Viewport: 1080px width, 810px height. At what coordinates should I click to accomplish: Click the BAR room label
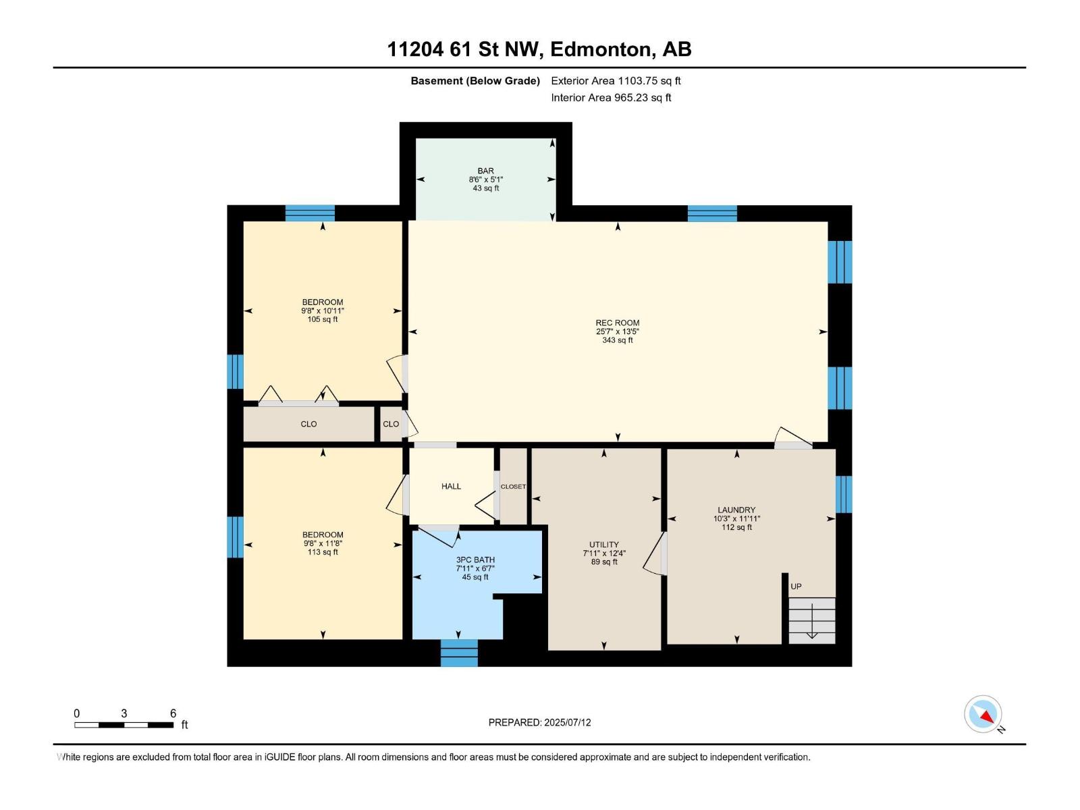[x=485, y=171]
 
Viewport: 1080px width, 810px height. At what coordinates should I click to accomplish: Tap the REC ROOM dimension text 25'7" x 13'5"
[x=617, y=331]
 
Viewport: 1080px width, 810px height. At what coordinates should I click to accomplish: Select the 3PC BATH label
[x=475, y=560]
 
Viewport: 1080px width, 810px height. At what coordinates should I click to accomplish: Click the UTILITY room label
[x=603, y=545]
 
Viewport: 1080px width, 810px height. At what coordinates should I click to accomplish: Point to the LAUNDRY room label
[x=736, y=510]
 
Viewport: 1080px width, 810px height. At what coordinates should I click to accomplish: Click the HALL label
[x=451, y=486]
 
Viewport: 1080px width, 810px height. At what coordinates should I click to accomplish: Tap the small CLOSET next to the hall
[x=513, y=487]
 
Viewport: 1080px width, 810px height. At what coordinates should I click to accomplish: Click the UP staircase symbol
[x=811, y=619]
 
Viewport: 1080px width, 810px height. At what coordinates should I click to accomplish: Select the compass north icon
[x=983, y=714]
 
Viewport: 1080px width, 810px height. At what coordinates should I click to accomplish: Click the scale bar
[x=124, y=724]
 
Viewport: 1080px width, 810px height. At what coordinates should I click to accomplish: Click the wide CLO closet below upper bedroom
[x=308, y=424]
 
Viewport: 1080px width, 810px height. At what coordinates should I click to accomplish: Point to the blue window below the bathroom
[x=459, y=653]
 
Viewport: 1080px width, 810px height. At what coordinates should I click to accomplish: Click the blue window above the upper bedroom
[x=310, y=213]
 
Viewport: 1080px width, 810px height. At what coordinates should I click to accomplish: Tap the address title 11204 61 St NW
[x=539, y=49]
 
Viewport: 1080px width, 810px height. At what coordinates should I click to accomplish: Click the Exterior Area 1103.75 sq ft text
[x=616, y=81]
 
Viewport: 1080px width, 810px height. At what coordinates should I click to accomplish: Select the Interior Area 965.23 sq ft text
[x=611, y=98]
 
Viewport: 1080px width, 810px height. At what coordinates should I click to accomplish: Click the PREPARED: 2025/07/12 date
[x=539, y=722]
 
